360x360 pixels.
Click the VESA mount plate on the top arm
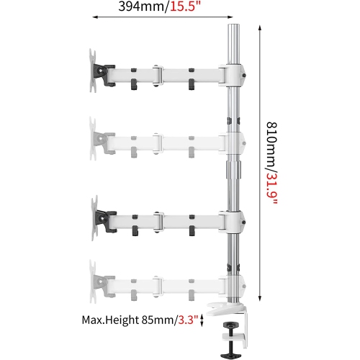(x=94, y=72)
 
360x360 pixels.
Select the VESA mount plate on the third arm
(x=94, y=217)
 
